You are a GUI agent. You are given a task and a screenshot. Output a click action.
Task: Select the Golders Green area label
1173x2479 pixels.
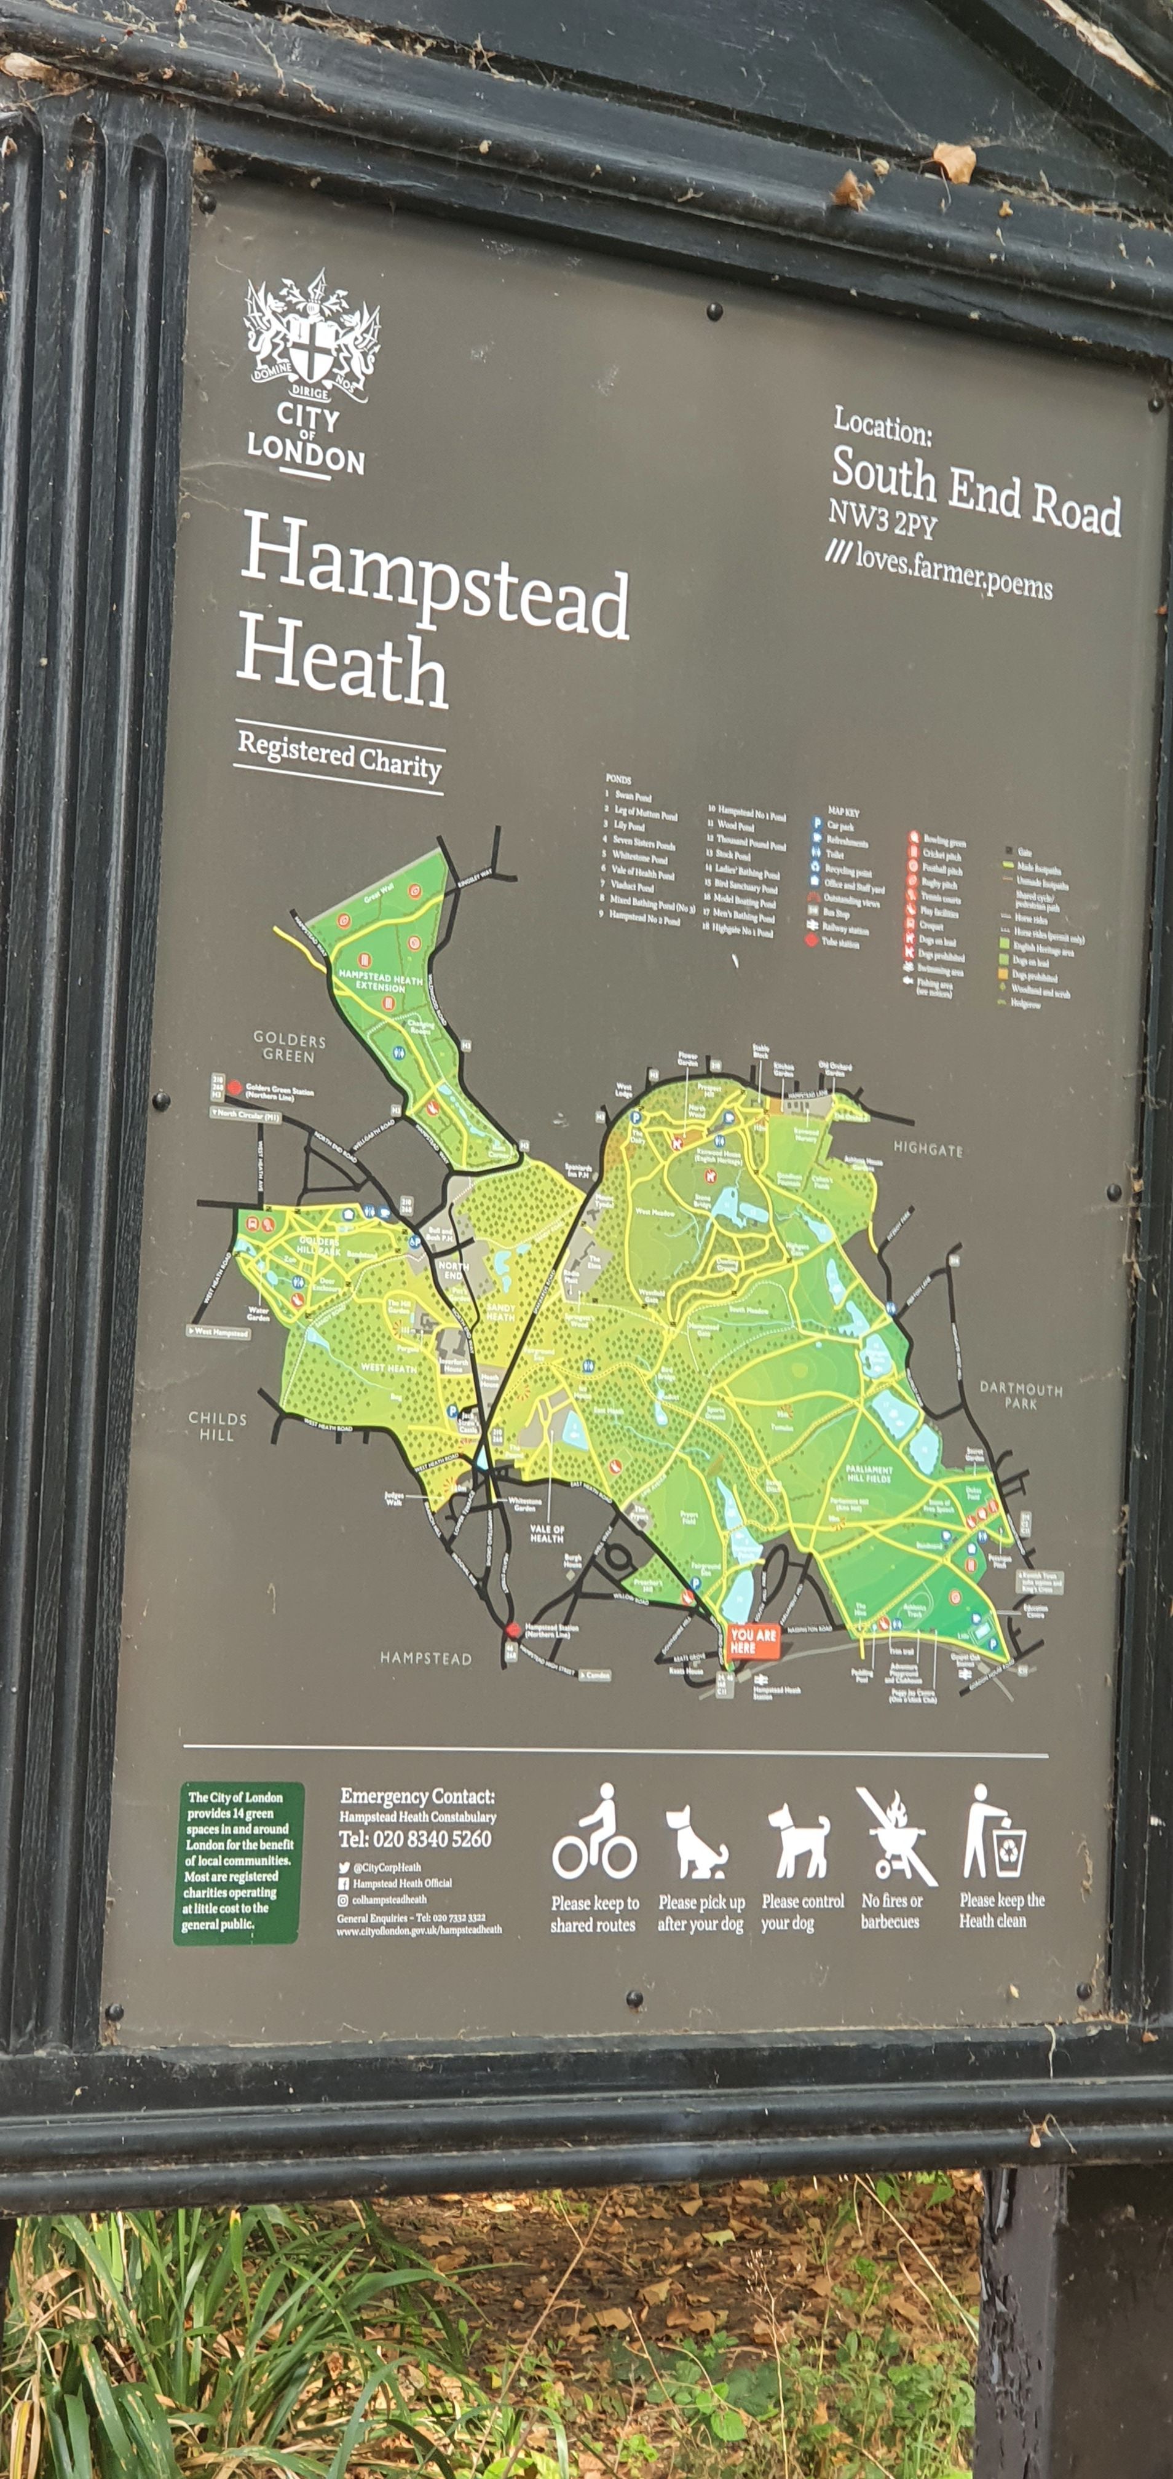290,1047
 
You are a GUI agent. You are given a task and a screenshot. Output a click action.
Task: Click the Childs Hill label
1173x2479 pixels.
218,1426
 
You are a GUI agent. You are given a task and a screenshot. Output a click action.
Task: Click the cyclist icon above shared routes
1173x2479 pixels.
594,1834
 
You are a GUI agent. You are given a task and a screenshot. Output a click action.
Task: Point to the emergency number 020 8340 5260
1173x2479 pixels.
415,1838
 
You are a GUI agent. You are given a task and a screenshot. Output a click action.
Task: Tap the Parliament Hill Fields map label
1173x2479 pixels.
869,1473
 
